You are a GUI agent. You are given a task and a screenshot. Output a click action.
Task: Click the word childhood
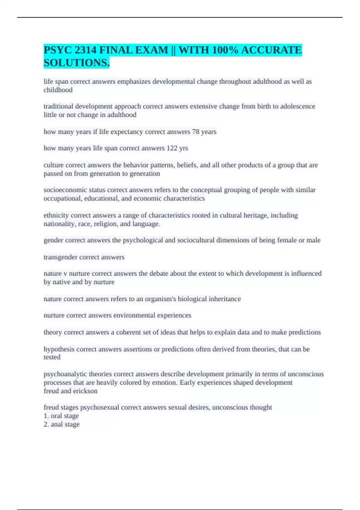pyautogui.click(x=58, y=90)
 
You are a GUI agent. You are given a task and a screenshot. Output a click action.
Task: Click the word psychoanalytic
pyautogui.click(x=62, y=374)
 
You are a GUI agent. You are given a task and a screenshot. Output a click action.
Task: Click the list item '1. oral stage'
pyautogui.click(x=61, y=416)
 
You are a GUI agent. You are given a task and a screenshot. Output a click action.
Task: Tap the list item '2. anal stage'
pyautogui.click(x=61, y=424)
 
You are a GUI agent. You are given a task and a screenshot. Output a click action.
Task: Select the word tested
pyautogui.click(x=52, y=357)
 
